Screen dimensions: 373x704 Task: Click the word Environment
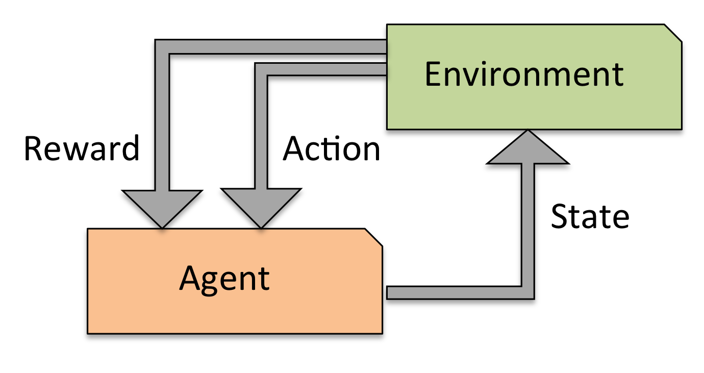(524, 74)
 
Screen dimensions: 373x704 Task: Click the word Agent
(224, 279)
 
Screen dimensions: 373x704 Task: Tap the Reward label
(82, 148)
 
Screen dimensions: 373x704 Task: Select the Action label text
(332, 148)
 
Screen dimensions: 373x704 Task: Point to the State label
(590, 216)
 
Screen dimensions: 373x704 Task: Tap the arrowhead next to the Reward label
(162, 207)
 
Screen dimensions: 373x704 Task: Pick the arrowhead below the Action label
(261, 207)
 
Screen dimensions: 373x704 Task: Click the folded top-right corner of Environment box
(674, 32)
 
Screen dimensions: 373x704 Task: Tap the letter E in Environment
(433, 74)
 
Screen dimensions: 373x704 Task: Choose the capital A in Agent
(189, 279)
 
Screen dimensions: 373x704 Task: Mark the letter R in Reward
(33, 148)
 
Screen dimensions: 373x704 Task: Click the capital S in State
(560, 216)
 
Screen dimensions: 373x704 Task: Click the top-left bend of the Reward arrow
(162, 46)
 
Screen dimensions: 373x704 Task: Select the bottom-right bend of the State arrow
(527, 292)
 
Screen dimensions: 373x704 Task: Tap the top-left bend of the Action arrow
(261, 69)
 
